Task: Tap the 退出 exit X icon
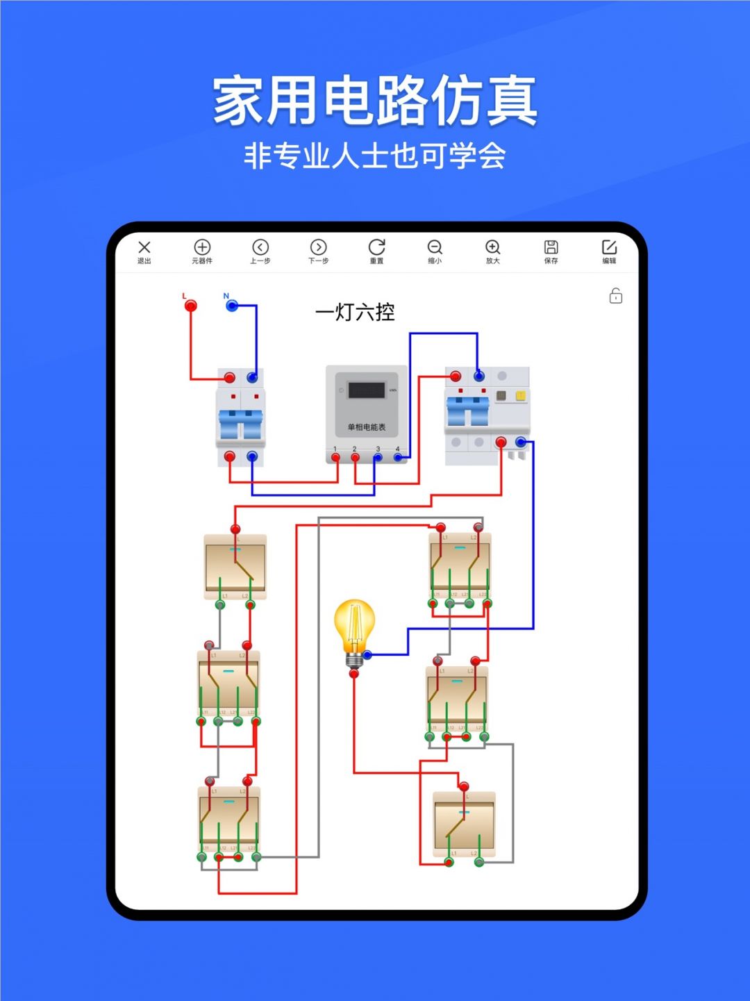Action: tap(144, 248)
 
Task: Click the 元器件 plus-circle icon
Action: tap(202, 248)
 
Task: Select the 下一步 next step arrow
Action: tap(318, 248)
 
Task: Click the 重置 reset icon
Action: tap(376, 248)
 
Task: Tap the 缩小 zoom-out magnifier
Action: tap(435, 248)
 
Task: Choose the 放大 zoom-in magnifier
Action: tap(492, 248)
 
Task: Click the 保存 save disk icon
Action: tap(551, 248)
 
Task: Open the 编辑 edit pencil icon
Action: tap(609, 248)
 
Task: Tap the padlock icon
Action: tap(616, 296)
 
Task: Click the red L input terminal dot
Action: tap(190, 306)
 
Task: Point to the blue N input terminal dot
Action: tap(233, 306)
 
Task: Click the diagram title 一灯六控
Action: tap(355, 313)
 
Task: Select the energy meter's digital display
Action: tap(366, 390)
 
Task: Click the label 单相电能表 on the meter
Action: tap(366, 427)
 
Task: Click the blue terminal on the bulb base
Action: tap(367, 654)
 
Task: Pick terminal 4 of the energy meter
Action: tap(398, 457)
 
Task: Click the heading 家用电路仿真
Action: tap(375, 101)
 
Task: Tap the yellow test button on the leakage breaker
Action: tap(520, 396)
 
